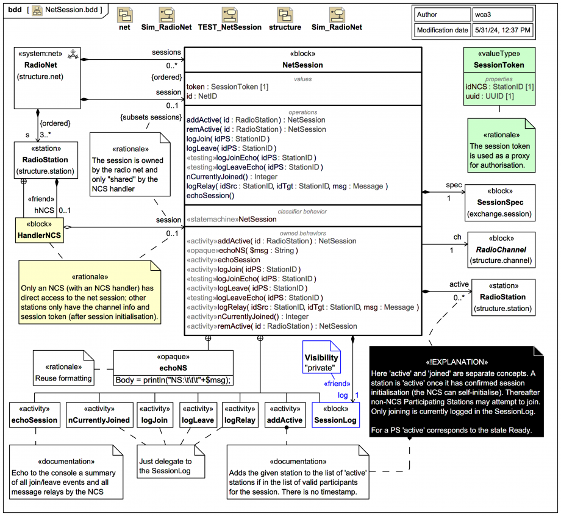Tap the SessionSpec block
(501, 202)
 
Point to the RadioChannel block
(501, 249)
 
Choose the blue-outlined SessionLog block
(335, 414)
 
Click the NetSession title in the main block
(302, 65)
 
